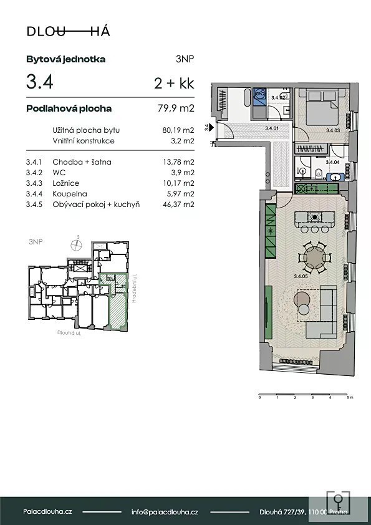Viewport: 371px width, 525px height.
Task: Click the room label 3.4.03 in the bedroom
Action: [333, 130]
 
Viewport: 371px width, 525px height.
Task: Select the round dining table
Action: [314, 258]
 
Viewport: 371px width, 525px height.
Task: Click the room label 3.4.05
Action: [301, 276]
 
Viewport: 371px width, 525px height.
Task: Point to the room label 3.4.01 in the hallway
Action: [272, 128]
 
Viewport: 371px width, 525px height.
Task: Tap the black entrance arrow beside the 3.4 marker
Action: [211, 127]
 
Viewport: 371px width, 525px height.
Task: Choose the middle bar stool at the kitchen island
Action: [315, 229]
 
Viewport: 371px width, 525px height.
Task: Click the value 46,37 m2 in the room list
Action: [178, 205]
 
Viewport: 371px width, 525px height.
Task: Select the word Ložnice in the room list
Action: [66, 183]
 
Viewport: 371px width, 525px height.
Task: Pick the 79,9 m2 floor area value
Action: [176, 108]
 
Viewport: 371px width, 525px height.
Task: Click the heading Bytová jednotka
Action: [66, 60]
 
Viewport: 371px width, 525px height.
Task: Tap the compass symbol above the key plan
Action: [77, 244]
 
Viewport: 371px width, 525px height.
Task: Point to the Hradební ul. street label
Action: [134, 289]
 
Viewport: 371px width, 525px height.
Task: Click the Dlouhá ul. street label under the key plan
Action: [69, 333]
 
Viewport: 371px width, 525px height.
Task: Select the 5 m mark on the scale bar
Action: [349, 397]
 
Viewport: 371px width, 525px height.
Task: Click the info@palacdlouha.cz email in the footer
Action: [165, 512]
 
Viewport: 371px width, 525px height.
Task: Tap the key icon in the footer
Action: [338, 503]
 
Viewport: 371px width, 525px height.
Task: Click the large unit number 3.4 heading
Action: [40, 82]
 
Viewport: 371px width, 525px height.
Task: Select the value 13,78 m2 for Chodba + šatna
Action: [178, 162]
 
